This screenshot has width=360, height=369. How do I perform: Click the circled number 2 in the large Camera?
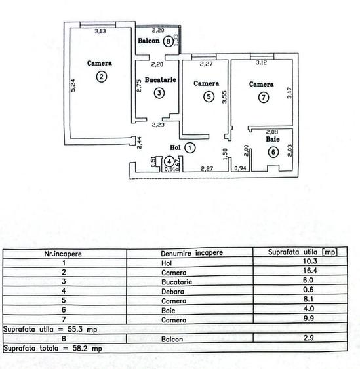[x=100, y=77]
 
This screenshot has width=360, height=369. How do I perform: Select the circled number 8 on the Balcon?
[x=169, y=41]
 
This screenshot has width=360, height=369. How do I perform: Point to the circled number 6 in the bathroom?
[x=273, y=152]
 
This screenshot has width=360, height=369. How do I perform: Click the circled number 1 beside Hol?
[x=189, y=148]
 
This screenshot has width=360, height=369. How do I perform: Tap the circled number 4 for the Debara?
[x=169, y=161]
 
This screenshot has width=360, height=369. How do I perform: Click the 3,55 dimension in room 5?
[x=224, y=98]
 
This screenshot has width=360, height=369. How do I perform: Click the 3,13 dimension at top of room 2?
[x=100, y=30]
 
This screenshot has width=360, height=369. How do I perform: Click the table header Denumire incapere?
[x=191, y=252]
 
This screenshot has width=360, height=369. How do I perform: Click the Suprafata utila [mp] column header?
[x=303, y=252]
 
